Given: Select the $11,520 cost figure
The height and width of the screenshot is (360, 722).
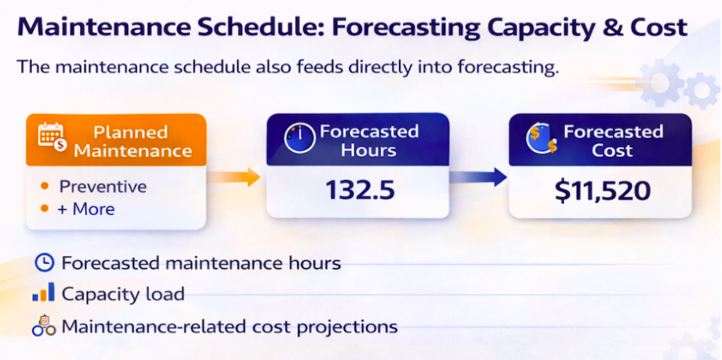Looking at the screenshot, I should (601, 191).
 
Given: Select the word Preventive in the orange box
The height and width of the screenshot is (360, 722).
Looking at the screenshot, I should (103, 187).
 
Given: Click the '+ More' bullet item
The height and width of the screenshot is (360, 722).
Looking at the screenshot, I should (87, 209).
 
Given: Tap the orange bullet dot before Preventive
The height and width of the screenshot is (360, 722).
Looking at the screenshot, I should (45, 187).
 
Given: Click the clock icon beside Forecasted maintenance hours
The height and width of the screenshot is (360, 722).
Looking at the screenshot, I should (44, 263).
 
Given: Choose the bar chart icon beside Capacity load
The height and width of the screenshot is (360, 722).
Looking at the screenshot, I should (44, 294).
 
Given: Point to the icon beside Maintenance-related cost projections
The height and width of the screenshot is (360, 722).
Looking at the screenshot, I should (44, 325).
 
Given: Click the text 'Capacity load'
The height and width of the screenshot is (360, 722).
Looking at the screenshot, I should (123, 294).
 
